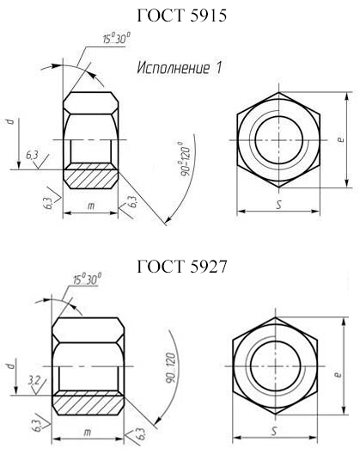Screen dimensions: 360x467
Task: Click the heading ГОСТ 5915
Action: (182, 15)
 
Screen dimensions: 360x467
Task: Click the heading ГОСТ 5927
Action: (182, 266)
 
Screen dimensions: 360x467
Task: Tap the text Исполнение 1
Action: (180, 68)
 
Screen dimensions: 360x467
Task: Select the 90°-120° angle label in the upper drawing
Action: (185, 159)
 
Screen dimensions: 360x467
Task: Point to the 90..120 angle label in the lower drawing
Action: (170, 368)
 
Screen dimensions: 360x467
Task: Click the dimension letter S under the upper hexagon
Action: (278, 205)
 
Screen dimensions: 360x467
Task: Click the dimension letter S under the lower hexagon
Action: (275, 431)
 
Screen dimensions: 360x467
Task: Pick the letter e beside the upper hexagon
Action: (341, 139)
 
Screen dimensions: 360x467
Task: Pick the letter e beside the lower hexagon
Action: (338, 374)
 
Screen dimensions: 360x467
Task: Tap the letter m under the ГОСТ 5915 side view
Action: (91, 206)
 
